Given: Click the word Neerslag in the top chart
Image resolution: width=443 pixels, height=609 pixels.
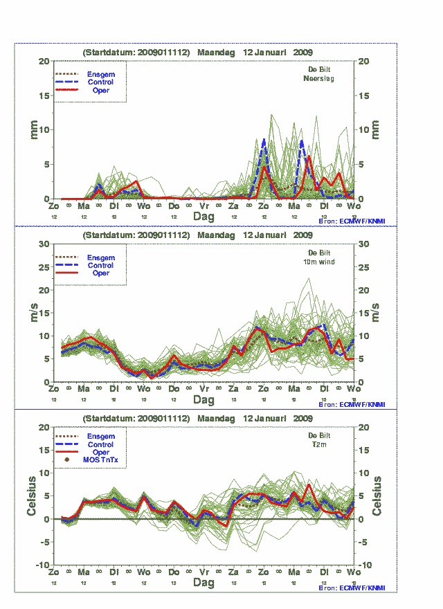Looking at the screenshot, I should [319, 78].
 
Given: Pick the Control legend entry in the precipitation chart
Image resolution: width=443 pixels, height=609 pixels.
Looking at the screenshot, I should [100, 82].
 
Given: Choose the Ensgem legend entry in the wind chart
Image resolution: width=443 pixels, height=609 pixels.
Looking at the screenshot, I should [100, 257].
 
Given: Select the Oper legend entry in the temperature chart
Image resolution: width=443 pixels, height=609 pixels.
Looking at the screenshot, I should [100, 452].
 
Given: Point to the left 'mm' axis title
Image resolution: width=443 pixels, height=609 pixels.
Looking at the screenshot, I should [32, 129].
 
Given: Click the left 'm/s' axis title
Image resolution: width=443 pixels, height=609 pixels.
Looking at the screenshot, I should [32, 313].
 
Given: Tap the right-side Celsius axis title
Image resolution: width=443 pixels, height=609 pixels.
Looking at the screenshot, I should [378, 496].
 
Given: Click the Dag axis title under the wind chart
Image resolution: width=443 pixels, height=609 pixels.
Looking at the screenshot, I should [204, 400].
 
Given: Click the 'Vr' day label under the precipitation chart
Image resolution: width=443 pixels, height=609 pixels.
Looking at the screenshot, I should [204, 206].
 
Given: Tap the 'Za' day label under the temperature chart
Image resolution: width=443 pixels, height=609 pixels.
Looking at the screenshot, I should [234, 573].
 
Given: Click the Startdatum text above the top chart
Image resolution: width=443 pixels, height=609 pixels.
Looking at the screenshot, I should [136, 52].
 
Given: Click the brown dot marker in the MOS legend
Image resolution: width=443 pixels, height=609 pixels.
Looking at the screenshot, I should [67, 460].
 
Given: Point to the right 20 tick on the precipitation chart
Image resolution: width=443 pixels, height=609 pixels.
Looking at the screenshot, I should [365, 61].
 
